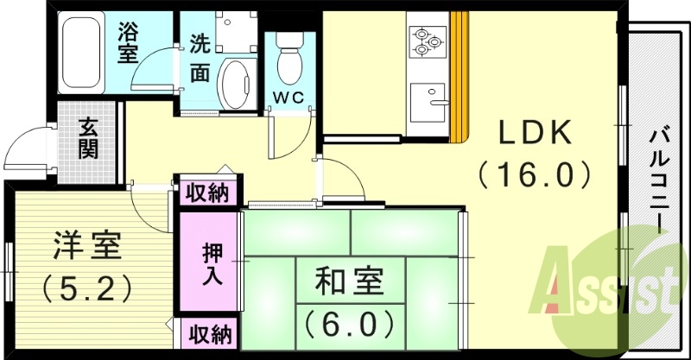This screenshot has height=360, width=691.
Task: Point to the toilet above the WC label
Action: [287, 58]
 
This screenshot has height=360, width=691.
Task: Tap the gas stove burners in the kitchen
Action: [424, 41]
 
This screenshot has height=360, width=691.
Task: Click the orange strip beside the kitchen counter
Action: [458, 78]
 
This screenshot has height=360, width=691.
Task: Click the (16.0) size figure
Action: [535, 175]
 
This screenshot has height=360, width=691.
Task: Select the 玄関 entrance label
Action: [87, 138]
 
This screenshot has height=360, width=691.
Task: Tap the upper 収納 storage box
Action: [208, 192]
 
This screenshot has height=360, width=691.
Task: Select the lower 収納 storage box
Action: [208, 334]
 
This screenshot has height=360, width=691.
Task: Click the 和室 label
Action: [351, 282]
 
